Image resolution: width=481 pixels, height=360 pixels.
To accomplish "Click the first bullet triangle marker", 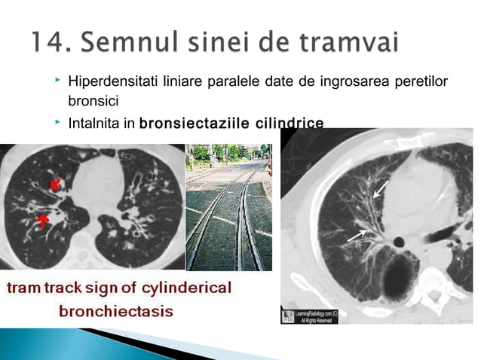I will pyautogui.click(x=57, y=80).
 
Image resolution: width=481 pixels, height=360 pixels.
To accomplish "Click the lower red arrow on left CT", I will pyautogui.click(x=44, y=219).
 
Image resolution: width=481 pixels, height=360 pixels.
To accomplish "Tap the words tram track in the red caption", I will pyautogui.click(x=53, y=289).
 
